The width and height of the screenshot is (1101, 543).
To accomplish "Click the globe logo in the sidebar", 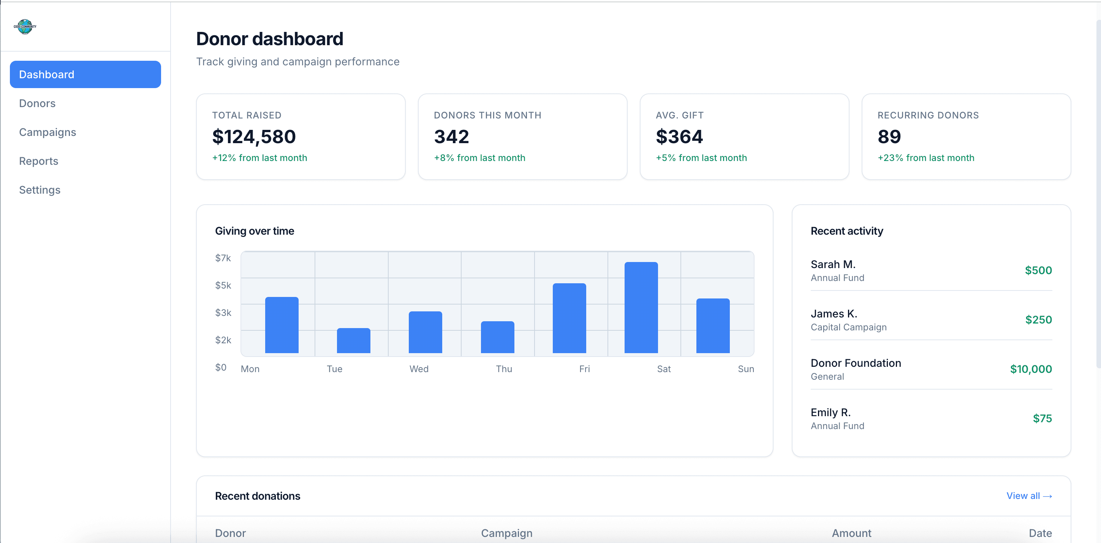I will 25,27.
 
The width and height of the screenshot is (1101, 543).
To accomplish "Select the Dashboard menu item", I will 85,74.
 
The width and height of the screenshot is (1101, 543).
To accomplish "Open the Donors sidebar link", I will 37,103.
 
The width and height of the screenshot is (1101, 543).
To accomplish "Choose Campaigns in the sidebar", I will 47,132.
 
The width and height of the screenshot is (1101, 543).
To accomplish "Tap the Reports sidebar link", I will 38,161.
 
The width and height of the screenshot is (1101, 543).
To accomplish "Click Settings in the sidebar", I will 40,190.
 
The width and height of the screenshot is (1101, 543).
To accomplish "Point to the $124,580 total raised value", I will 254,137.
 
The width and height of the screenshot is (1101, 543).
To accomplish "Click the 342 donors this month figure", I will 451,137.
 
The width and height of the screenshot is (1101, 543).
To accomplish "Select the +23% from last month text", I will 926,158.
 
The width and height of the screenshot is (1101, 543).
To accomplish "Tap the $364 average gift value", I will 679,137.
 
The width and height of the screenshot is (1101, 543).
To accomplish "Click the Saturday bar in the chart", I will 641,308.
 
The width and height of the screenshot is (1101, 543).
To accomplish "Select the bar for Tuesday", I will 353,341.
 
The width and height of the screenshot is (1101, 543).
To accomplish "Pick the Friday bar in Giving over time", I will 569,318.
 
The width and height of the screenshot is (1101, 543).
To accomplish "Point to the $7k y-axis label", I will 223,258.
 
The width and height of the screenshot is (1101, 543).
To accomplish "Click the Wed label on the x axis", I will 418,369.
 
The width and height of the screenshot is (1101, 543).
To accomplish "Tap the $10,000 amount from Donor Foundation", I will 1030,369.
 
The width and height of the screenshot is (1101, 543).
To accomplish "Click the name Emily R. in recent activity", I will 830,412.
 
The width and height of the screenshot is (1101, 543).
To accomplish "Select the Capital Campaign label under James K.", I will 848,327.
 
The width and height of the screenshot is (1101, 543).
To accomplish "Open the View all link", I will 1029,496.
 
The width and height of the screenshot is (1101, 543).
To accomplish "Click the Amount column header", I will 851,533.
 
